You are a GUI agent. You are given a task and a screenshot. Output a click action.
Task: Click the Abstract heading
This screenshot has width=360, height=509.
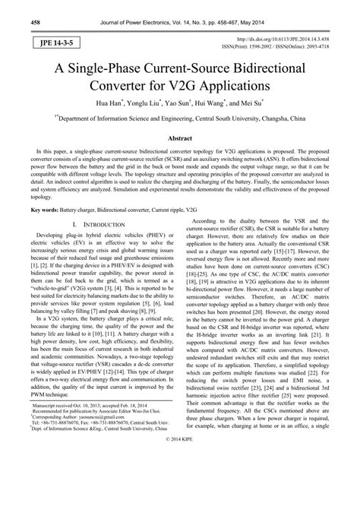click(x=179, y=140)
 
